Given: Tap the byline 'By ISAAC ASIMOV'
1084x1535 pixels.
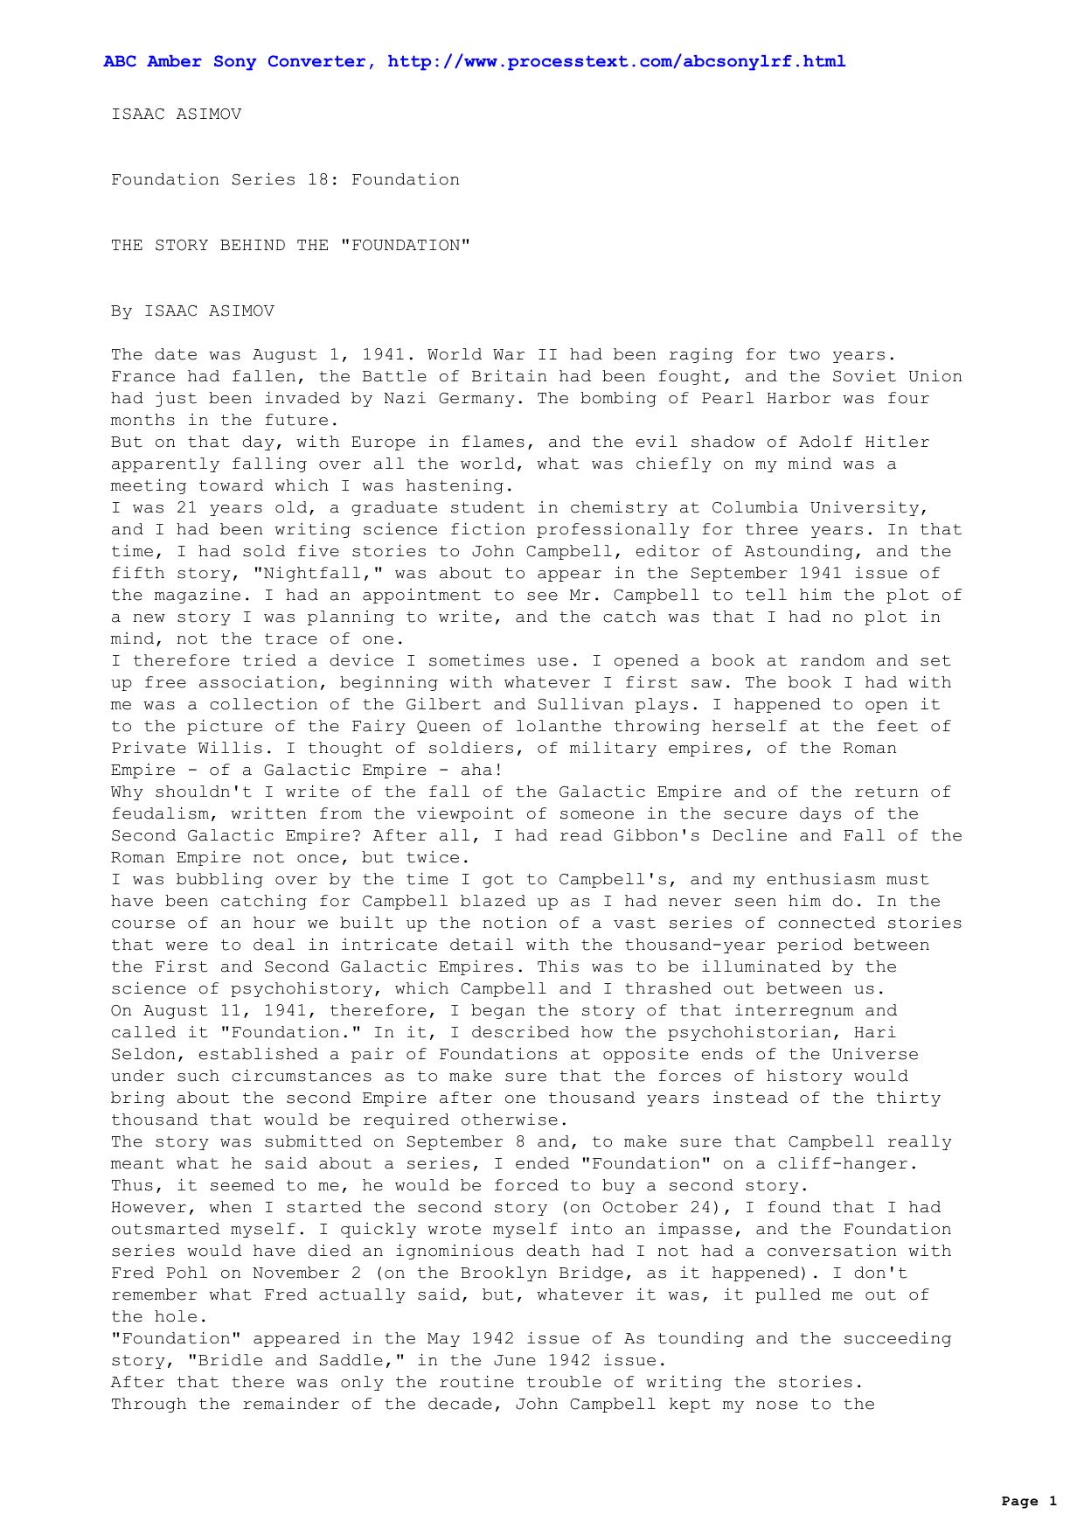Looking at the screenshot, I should [x=192, y=310].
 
